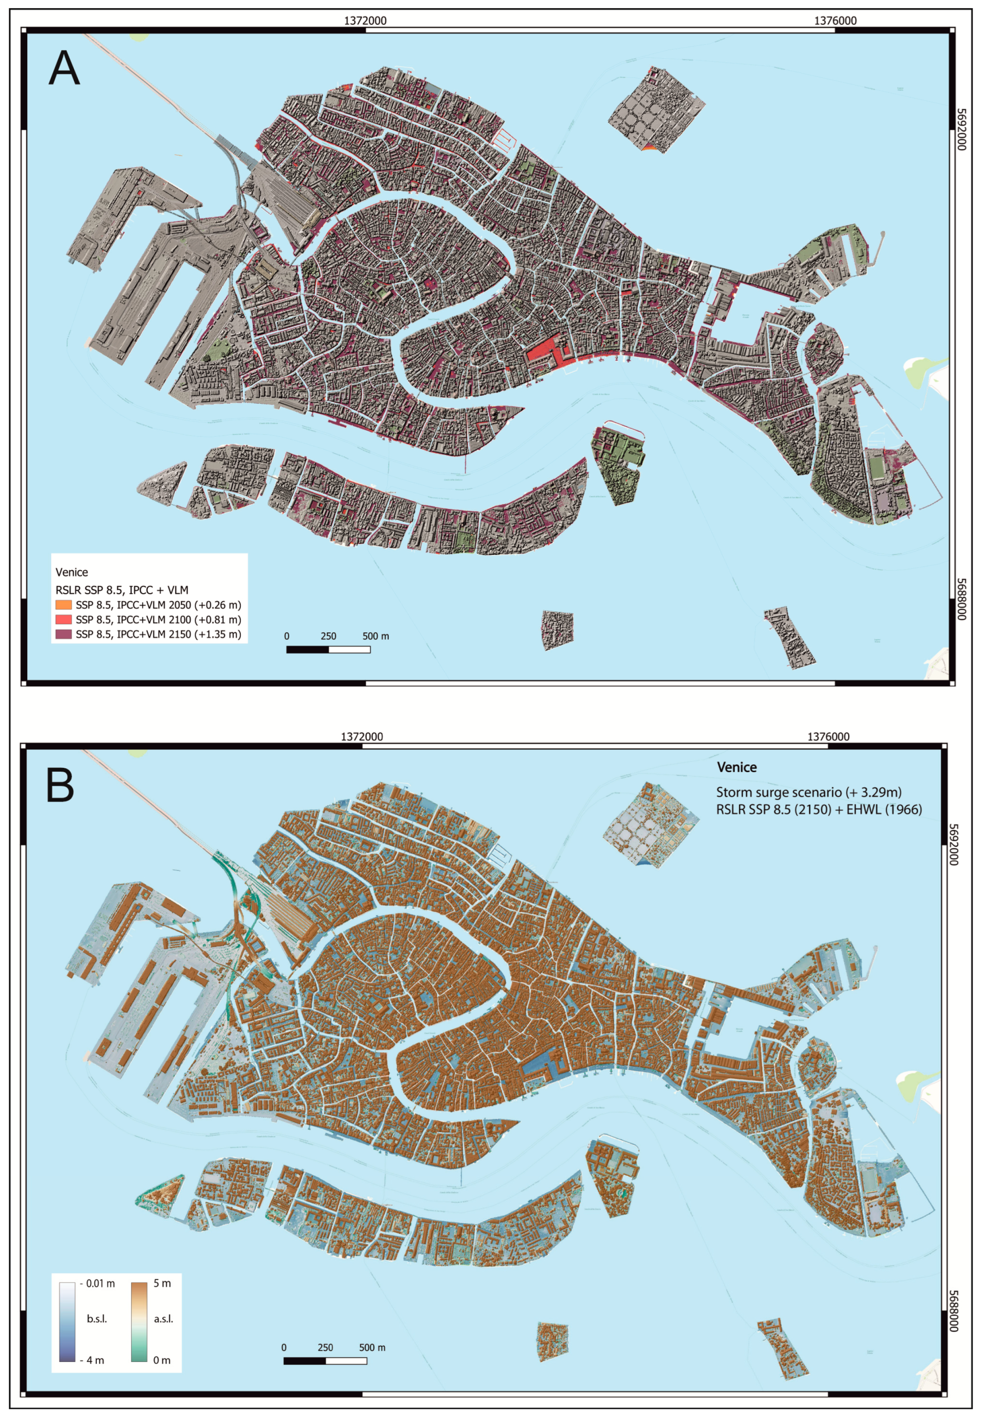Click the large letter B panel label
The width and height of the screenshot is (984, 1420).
coord(60,785)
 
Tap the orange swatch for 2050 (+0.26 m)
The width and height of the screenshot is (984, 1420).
coord(63,605)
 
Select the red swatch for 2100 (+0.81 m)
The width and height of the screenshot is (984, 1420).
coord(63,619)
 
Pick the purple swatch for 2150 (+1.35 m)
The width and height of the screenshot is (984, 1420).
coord(63,634)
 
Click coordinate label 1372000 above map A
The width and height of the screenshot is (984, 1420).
coord(365,20)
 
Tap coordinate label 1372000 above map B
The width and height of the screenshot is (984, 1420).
coord(362,736)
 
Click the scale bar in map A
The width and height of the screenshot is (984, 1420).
coord(328,649)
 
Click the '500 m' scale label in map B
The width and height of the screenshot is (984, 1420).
coord(372,1347)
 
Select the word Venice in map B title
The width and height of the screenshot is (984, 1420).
coord(737,767)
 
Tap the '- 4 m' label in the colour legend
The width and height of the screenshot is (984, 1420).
coord(92,1360)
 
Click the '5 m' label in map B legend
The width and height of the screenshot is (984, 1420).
coord(162,1283)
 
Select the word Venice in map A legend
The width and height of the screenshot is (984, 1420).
coord(72,572)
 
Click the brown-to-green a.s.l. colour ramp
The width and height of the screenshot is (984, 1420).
coord(139,1321)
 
